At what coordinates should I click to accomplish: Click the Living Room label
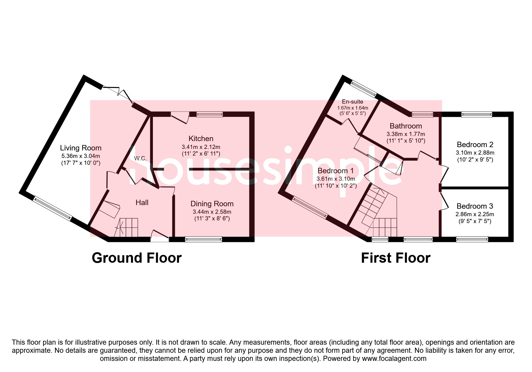81,148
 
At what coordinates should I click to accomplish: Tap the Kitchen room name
201,139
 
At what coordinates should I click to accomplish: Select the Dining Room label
212,204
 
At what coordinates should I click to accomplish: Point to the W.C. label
140,158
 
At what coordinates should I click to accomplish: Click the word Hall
142,203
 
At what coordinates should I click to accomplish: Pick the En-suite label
352,102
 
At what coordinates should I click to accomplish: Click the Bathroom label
406,126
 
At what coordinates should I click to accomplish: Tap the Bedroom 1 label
335,171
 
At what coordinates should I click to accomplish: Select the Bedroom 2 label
475,145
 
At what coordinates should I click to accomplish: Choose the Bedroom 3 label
475,206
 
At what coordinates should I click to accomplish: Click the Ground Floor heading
137,258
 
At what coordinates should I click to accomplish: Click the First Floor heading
396,258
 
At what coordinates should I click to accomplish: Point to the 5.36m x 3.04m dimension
81,156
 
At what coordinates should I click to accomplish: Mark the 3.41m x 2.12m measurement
201,147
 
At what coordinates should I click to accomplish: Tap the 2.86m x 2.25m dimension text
475,214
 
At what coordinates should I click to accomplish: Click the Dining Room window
203,239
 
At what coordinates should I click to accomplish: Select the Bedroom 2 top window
476,114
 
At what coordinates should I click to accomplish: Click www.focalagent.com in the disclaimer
394,358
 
